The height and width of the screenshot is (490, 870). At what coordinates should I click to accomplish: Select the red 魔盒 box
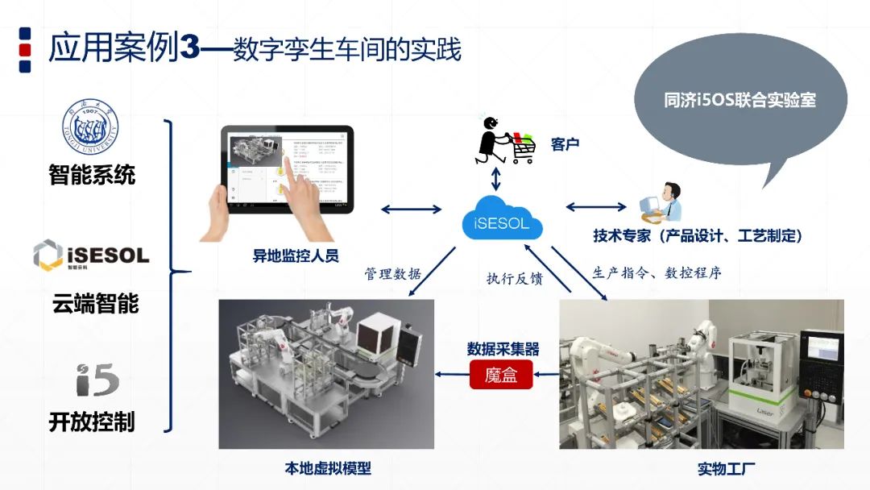[501, 374]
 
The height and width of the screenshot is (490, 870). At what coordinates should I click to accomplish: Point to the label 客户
[565, 144]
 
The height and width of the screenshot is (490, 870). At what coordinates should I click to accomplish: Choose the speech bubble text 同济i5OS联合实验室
[739, 100]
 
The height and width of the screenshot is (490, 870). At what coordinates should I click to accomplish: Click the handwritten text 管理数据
[392, 274]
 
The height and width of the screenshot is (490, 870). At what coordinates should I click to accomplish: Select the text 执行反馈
[514, 279]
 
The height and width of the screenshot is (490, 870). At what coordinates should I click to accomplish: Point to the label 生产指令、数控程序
[657, 272]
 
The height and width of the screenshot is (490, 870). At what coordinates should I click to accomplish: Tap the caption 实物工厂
[726, 468]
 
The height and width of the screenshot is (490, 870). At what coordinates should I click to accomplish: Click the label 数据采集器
[503, 349]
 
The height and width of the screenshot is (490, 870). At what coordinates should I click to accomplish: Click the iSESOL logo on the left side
[91, 255]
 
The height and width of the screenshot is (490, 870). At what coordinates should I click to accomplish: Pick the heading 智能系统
[92, 174]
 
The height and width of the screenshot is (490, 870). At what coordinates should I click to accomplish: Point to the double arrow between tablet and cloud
[411, 210]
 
